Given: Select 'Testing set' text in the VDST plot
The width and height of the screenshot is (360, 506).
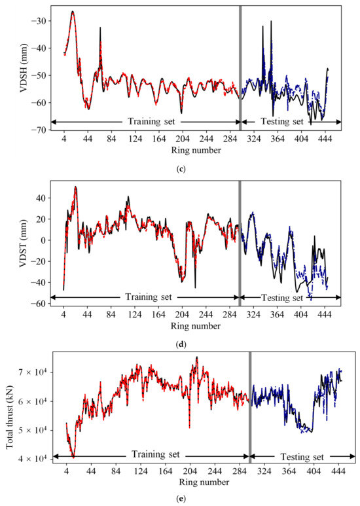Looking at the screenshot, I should (281, 298).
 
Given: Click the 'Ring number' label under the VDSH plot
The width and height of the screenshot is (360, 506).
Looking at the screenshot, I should (194, 150).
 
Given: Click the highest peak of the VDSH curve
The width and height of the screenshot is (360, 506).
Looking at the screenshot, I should (73, 12).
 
